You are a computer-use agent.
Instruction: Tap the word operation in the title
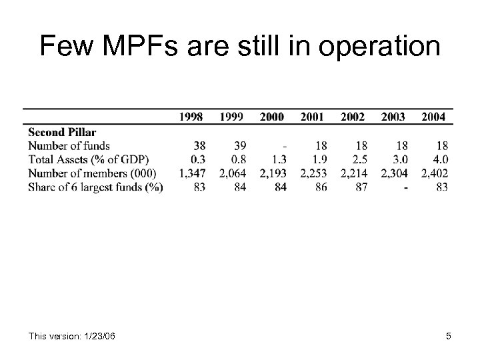pyautogui.click(x=376, y=47)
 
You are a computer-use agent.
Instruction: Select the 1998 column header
pyautogui.click(x=191, y=117)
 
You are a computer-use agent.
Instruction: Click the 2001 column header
pyautogui.click(x=312, y=117)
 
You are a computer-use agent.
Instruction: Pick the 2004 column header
pyautogui.click(x=434, y=117)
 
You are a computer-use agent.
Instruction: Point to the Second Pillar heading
pyautogui.click(x=62, y=132)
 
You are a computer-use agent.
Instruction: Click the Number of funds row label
pyautogui.click(x=69, y=145)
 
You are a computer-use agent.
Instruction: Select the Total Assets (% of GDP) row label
pyautogui.click(x=89, y=159)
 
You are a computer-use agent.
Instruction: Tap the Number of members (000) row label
pyautogui.click(x=93, y=173)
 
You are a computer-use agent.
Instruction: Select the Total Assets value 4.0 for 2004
pyautogui.click(x=440, y=159)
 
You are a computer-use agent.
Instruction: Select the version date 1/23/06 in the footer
pyautogui.click(x=97, y=336)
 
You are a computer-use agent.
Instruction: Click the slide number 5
pyautogui.click(x=449, y=336)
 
